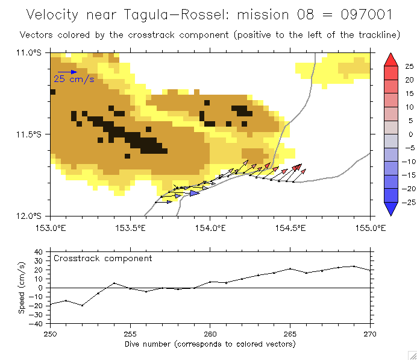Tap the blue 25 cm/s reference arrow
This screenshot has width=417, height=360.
(67, 72)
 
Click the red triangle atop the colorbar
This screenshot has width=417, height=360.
(390, 58)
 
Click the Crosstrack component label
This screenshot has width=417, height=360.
(102, 258)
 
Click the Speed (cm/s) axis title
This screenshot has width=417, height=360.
(22, 288)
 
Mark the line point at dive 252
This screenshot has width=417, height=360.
(82, 305)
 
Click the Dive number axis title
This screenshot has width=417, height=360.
(210, 344)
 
